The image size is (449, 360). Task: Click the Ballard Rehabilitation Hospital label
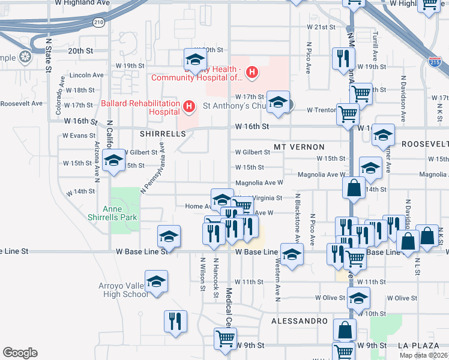(140, 107)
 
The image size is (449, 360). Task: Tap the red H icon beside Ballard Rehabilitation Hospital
(189, 107)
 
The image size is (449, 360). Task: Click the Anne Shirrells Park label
(120, 213)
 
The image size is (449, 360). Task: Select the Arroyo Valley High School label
(123, 290)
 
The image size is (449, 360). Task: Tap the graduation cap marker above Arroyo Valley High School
(157, 281)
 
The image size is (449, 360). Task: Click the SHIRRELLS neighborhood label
(163, 134)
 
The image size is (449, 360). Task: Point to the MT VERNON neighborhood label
(299, 147)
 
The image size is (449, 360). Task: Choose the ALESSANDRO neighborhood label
(300, 321)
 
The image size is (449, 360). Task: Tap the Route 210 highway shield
(98, 22)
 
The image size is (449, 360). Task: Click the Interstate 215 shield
(436, 61)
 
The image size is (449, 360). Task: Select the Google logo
(20, 353)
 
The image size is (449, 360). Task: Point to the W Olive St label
(402, 298)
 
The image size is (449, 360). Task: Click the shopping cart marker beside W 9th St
(226, 338)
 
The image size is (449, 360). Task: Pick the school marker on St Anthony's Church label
(278, 103)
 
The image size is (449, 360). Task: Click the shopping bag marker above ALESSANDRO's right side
(345, 329)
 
